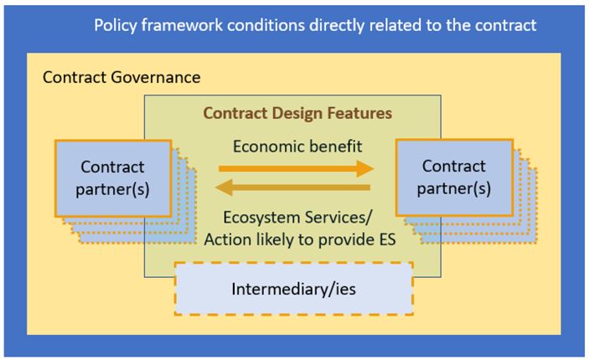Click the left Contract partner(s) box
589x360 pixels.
pos(113,177)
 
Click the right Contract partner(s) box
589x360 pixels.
pos(453,177)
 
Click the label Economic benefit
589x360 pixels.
pos(297,147)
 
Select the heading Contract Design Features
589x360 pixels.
pos(298,112)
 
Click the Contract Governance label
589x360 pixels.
pos(121,78)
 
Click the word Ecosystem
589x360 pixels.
pos(249,214)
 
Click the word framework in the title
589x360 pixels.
pos(186,24)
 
